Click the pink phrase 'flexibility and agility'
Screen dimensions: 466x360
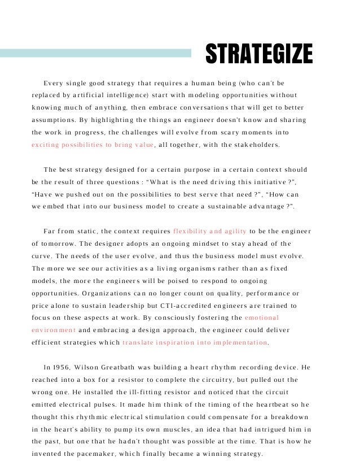point(209,231)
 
